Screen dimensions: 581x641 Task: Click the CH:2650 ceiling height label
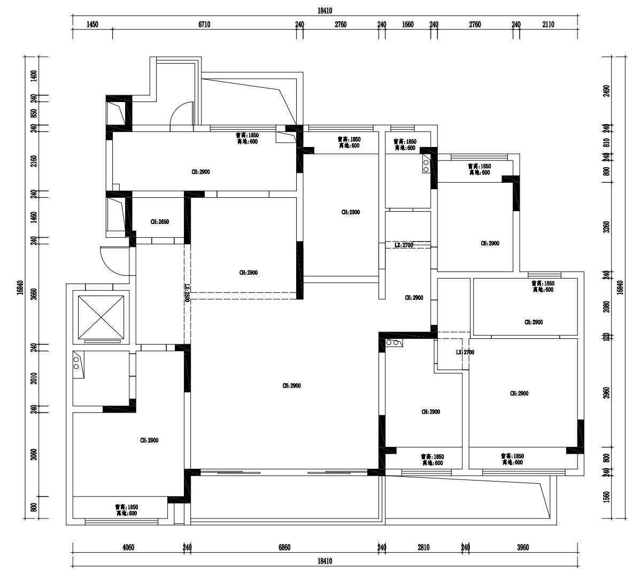pos(160,221)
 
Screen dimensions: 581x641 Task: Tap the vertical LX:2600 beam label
pos(188,293)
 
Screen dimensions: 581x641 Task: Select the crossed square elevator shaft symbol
pos(101,317)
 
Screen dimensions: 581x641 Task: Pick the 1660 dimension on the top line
pos(407,24)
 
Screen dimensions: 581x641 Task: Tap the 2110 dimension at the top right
pos(548,24)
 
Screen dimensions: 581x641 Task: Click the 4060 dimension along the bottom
pos(128,547)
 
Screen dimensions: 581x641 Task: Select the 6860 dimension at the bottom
pos(284,547)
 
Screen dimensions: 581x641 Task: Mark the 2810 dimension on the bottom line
pos(423,547)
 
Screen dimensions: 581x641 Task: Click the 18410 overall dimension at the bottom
pos(325,561)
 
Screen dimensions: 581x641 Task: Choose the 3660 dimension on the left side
pos(34,293)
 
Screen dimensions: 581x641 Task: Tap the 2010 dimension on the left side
pos(34,378)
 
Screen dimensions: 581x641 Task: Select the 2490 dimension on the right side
pos(606,91)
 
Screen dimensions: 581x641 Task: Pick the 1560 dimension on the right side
pos(606,497)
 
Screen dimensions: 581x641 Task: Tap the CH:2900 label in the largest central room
pos(291,385)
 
